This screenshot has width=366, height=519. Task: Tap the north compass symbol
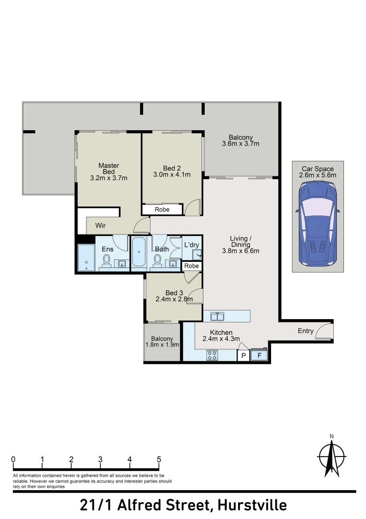click(x=331, y=457)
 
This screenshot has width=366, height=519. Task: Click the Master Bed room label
click(x=109, y=172)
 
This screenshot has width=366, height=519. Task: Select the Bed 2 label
click(x=172, y=171)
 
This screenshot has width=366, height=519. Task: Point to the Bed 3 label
click(x=174, y=296)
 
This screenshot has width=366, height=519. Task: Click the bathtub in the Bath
click(x=139, y=252)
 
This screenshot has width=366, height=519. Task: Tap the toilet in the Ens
click(x=106, y=261)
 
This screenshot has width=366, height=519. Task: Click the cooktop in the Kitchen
click(x=212, y=356)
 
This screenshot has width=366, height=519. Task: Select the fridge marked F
click(x=260, y=355)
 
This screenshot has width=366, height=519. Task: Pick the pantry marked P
click(x=244, y=356)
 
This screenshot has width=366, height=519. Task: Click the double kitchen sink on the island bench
click(x=218, y=316)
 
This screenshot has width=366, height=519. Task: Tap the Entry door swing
click(x=324, y=331)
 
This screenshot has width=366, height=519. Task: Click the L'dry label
click(x=191, y=245)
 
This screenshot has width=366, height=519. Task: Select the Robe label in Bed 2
click(x=162, y=210)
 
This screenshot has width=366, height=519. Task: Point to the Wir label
click(x=100, y=225)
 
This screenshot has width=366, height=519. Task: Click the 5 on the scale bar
click(x=159, y=459)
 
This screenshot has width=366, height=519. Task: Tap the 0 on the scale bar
click(x=13, y=459)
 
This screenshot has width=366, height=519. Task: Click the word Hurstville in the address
click(x=252, y=506)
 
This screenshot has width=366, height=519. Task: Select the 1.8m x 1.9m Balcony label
click(x=162, y=342)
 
